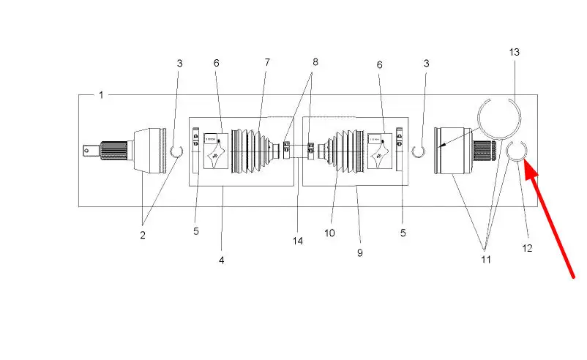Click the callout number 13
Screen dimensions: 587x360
(x=514, y=52)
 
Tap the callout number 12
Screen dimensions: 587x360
(x=527, y=248)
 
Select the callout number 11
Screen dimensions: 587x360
(x=485, y=259)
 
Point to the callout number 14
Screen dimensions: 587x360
(x=298, y=241)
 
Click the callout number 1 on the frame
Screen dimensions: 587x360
(x=101, y=95)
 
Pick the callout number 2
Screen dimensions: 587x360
(x=143, y=235)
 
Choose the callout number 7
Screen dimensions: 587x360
(x=267, y=62)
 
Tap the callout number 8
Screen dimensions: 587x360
(x=315, y=61)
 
